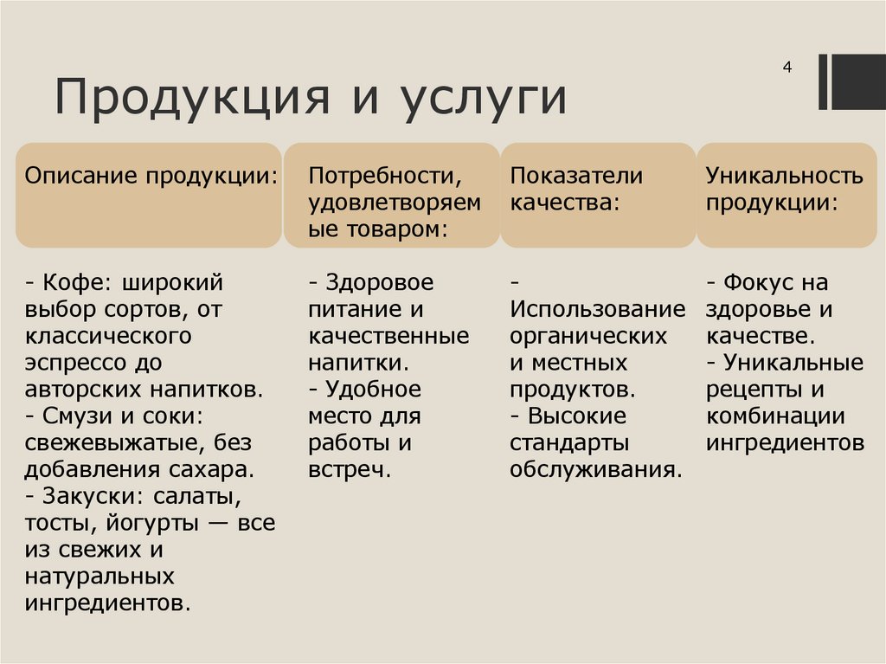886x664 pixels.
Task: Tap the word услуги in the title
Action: [x=483, y=98]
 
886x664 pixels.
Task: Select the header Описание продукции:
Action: [x=151, y=176]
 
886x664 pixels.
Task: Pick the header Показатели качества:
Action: [x=576, y=189]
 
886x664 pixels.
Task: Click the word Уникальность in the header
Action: [x=784, y=176]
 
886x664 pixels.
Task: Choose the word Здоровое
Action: [x=378, y=282]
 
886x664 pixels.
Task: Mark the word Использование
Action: [x=597, y=309]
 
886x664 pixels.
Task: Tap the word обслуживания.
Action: [x=595, y=470]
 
